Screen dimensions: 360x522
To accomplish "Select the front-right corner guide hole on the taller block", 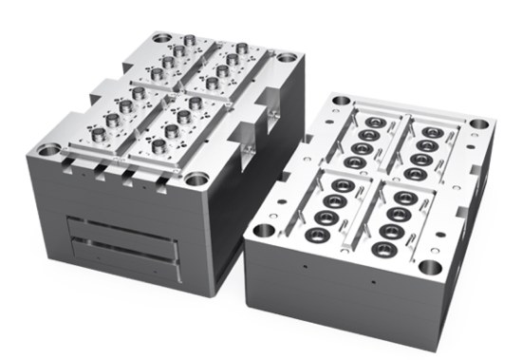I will coord(196,179).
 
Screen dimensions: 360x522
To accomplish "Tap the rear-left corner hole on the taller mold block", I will coord(162,39).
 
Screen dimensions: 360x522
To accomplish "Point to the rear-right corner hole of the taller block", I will coord(286,58).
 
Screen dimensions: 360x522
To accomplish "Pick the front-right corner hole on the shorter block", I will coord(428,267).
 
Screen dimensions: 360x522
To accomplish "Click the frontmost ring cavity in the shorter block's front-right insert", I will coord(383,250).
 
